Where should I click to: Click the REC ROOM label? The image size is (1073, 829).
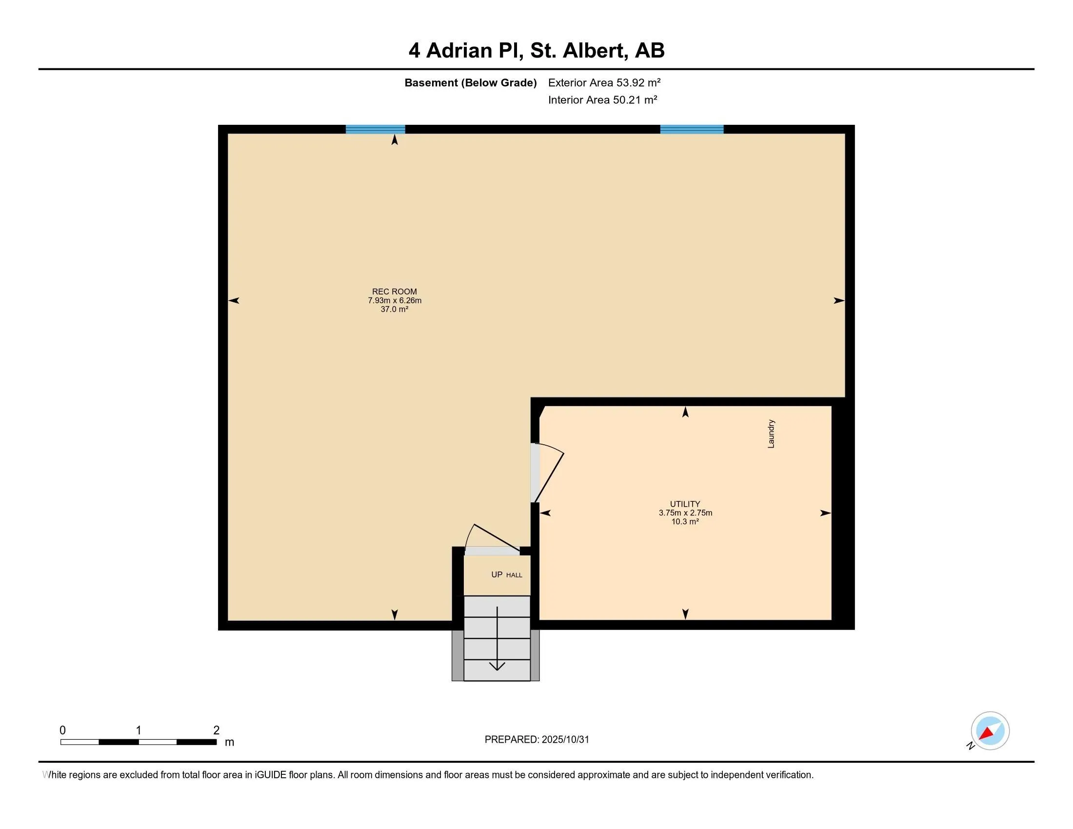[x=394, y=291]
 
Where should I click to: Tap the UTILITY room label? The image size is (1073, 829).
[x=685, y=504]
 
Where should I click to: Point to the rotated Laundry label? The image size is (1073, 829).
[x=771, y=434]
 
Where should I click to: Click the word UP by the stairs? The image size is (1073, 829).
[x=497, y=574]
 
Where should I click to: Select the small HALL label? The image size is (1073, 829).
[x=515, y=575]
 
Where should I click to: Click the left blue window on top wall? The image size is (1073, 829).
[x=376, y=129]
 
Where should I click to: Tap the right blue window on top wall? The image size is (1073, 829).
[x=692, y=129]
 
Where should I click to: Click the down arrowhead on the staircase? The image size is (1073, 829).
[x=497, y=667]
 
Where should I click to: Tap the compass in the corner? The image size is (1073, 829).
[x=990, y=731]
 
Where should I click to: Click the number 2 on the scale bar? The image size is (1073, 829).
[x=216, y=730]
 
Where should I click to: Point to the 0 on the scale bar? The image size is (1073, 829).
[x=62, y=730]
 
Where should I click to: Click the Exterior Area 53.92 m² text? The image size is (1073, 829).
[x=604, y=82]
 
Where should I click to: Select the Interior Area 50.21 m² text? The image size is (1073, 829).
[x=602, y=99]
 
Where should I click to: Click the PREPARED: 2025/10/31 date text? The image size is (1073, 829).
[x=536, y=740]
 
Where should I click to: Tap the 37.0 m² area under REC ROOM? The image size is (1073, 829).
[x=394, y=309]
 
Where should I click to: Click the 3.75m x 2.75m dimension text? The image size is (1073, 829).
[x=685, y=513]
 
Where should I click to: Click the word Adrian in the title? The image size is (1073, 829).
[x=459, y=51]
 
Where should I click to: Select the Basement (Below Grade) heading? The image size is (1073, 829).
[x=470, y=82]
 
